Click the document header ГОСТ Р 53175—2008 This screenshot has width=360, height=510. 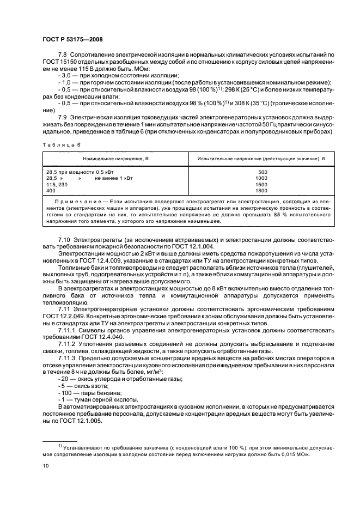[x=72, y=40]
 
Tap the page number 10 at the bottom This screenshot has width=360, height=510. [x=46, y=466]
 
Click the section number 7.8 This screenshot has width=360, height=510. [x=63, y=57]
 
